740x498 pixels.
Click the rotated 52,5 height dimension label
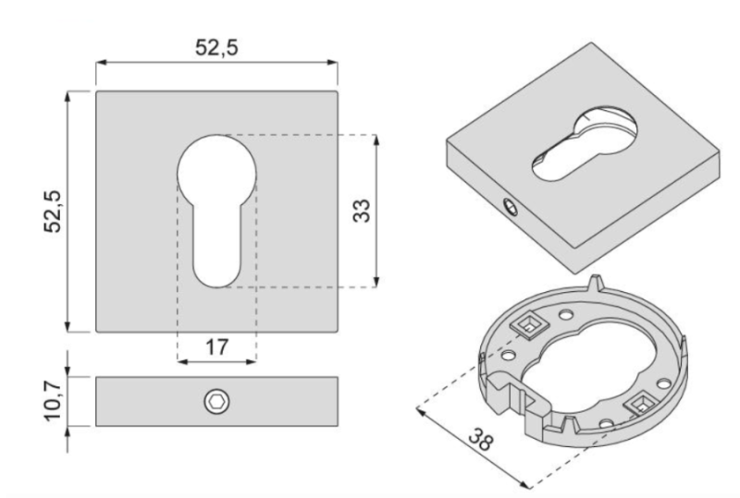(x=53, y=212)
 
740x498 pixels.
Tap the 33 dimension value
(x=363, y=211)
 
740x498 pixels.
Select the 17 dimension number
(x=216, y=347)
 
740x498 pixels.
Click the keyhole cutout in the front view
(x=216, y=208)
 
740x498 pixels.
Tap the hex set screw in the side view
(x=216, y=402)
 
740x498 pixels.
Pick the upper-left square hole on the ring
(x=527, y=322)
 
